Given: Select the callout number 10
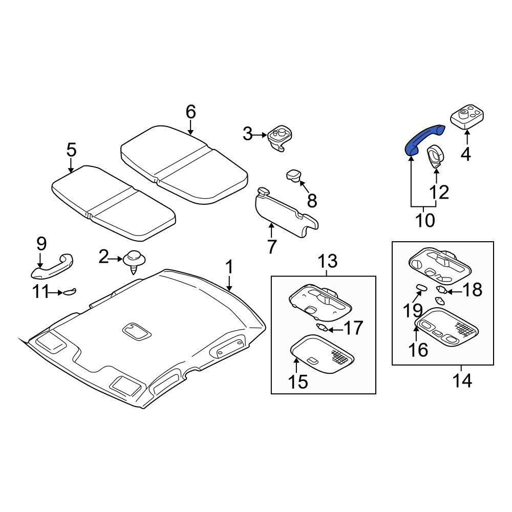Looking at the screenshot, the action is [425, 220].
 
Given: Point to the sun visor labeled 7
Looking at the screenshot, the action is [286, 212].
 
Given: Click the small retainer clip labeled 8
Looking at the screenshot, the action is [294, 176].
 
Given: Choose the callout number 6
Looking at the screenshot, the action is [190, 112].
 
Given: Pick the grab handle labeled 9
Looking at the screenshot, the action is [52, 267].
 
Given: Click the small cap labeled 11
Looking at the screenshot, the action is [70, 292].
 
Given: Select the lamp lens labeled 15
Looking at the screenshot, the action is [322, 354].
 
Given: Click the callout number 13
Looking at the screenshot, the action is [328, 261].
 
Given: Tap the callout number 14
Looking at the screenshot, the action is [462, 381].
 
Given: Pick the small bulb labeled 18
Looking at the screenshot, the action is [442, 290].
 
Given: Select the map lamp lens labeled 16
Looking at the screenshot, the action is [446, 328].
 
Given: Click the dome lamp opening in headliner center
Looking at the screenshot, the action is [137, 331].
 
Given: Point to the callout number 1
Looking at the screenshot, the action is [229, 267].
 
